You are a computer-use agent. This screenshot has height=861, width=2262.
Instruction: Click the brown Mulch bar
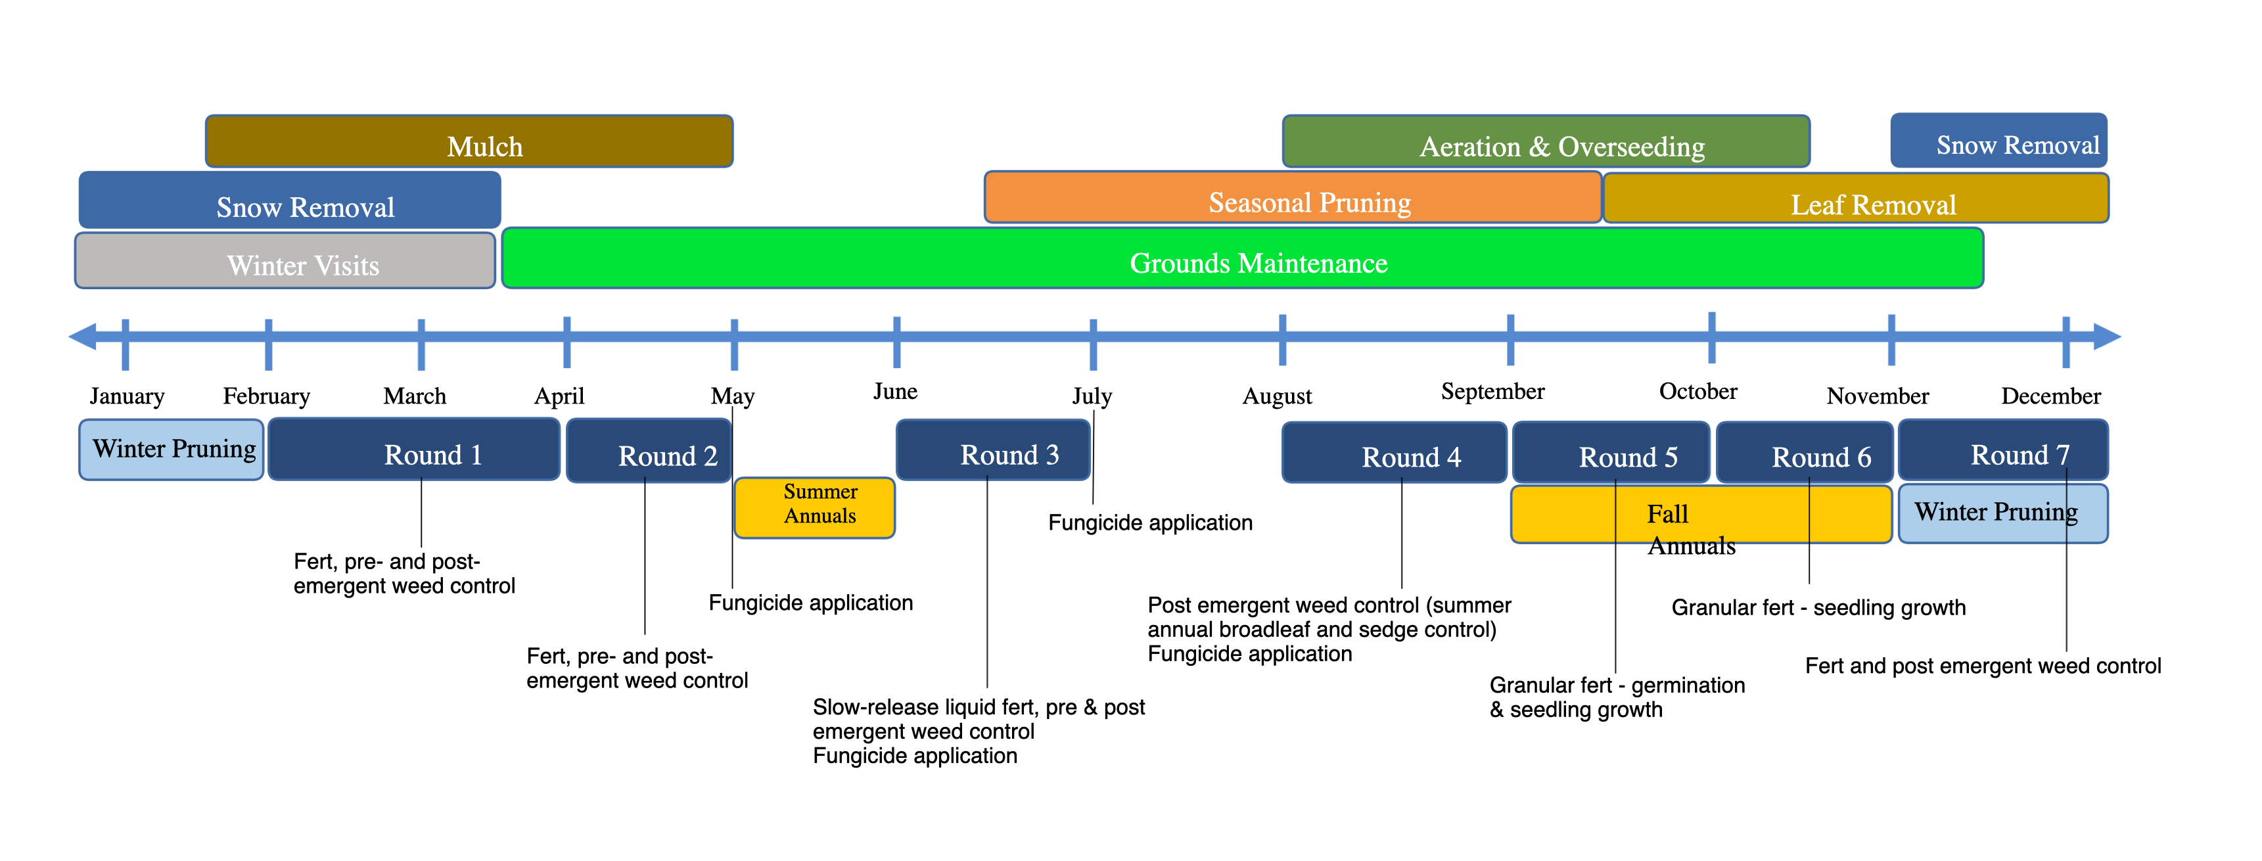coord(469,141)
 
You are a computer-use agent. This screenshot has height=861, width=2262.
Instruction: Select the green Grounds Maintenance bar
coord(1243,258)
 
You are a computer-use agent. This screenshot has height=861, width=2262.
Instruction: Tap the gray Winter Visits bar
coord(285,260)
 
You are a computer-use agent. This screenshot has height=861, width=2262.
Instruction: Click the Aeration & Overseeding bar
coord(1546,141)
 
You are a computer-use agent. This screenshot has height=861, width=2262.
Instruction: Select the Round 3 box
coord(993,450)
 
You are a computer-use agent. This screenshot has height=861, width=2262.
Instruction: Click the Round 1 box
coord(413,449)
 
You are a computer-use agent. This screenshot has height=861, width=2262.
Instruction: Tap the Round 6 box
coord(1805,452)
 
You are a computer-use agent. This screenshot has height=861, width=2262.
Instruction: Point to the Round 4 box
coord(1395,452)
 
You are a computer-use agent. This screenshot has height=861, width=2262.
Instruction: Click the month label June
coord(896,392)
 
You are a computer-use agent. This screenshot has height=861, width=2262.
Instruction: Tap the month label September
coord(1493,392)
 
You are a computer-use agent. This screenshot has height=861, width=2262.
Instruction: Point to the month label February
coord(266,397)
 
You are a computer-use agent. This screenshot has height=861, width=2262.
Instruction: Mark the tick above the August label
coord(1283,339)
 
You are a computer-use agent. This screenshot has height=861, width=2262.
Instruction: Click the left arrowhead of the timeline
coord(83,337)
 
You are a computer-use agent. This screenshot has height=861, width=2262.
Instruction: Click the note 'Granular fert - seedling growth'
coord(1818,608)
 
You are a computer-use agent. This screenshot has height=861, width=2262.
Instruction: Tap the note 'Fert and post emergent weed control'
coord(1983,666)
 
